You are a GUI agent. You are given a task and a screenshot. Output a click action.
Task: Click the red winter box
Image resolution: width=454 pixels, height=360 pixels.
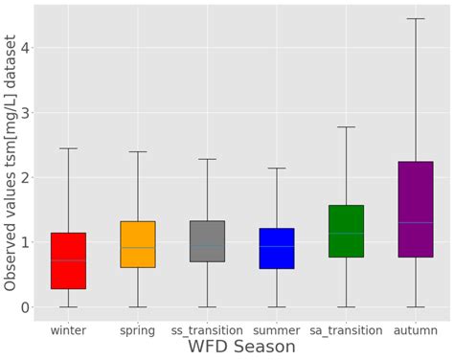[68, 260]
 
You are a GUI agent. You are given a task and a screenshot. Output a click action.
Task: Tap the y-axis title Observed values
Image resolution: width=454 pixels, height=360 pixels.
[11, 163]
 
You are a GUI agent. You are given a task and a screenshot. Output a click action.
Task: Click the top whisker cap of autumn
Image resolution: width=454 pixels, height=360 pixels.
[415, 18]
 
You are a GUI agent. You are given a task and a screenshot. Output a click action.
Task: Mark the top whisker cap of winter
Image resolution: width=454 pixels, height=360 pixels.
[68, 148]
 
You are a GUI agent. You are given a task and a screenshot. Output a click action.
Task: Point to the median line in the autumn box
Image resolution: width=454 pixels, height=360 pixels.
[415, 222]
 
